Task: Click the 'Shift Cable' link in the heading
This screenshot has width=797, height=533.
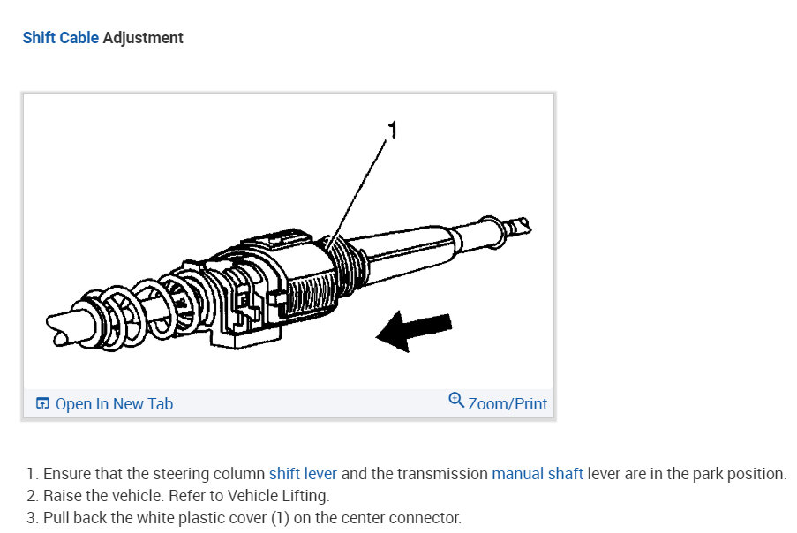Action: [x=60, y=38]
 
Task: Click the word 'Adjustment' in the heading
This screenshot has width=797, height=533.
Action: [x=143, y=38]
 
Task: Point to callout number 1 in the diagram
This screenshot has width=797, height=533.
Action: [x=393, y=131]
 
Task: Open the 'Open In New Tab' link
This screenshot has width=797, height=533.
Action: [x=114, y=404]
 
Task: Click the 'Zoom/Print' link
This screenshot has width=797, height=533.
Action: [x=508, y=404]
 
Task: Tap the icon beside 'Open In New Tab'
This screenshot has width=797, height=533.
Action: [x=42, y=404]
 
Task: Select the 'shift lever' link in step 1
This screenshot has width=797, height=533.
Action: [x=303, y=474]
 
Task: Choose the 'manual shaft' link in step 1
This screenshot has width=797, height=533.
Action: [x=537, y=474]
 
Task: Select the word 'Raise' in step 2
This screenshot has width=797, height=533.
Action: [x=62, y=496]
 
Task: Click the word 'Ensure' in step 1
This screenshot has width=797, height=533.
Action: [x=65, y=474]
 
